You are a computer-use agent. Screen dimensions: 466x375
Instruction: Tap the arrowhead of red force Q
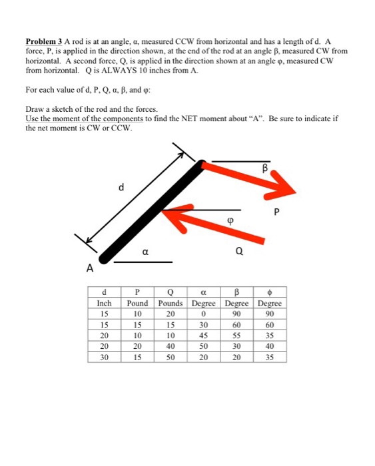[173, 217]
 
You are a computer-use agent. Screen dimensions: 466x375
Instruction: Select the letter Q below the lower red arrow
[239, 252]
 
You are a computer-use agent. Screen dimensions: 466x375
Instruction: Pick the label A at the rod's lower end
[88, 269]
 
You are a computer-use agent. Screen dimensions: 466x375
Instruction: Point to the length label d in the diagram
[121, 188]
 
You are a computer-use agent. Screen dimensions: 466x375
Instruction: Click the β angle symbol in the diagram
[265, 169]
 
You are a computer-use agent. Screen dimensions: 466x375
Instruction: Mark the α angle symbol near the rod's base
[145, 252]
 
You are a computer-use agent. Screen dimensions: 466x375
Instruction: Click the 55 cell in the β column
[237, 336]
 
